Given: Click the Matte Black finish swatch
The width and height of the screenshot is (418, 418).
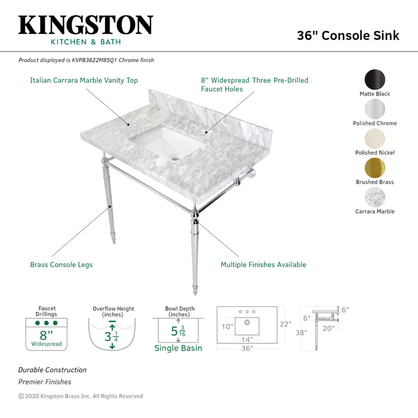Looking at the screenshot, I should [374, 80].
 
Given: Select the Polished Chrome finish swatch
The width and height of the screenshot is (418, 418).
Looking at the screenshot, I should [374, 109].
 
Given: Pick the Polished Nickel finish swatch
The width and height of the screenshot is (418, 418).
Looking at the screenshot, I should [374, 139].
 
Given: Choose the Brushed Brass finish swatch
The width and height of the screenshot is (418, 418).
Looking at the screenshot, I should [374, 168].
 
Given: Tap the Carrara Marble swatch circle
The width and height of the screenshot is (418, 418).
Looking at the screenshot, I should [374, 197].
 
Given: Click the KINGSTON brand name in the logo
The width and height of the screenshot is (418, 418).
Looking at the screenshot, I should [85, 26].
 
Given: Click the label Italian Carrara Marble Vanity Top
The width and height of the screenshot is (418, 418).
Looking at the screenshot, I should [84, 80].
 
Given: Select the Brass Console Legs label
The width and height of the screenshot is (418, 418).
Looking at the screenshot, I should [62, 265].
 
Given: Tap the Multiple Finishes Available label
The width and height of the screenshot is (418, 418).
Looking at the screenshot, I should [263, 265].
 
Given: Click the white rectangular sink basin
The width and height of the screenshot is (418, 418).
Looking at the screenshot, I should [168, 143].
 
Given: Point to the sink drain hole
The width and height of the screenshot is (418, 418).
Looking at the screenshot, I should [176, 158].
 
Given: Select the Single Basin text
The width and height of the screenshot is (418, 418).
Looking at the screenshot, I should [178, 348].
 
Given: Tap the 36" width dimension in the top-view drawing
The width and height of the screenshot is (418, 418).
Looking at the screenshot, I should [247, 348].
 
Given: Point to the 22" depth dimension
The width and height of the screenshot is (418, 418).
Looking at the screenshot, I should [285, 324].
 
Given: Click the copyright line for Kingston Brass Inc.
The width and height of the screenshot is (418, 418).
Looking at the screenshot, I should [81, 396].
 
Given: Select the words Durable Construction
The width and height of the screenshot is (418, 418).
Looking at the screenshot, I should [53, 370].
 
